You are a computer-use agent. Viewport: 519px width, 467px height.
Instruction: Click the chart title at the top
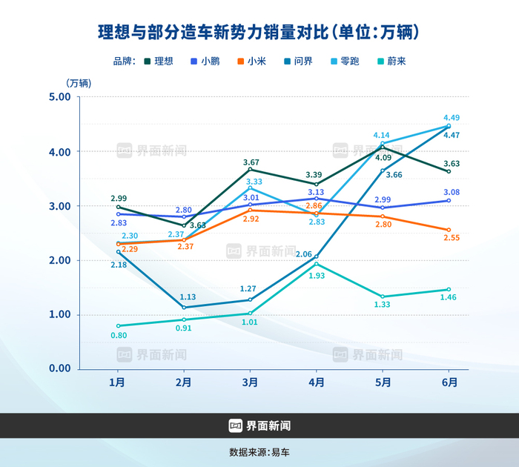[259, 32]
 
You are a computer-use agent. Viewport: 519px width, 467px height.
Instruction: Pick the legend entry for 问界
[298, 62]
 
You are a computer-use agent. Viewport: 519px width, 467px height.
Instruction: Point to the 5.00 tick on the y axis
[59, 97]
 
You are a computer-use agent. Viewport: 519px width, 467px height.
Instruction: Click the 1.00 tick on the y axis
[59, 314]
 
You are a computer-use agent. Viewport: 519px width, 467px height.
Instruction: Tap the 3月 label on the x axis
[250, 383]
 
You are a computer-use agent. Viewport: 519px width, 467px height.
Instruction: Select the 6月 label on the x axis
[449, 383]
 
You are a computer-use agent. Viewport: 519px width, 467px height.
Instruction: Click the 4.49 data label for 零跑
[452, 118]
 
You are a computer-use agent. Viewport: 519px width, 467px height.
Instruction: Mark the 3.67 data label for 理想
[252, 162]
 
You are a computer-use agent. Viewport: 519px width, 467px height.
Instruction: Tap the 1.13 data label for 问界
[185, 298]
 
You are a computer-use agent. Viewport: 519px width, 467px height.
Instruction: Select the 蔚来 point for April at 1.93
[317, 264]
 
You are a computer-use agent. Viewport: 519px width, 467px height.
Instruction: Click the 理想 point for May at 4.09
[383, 148]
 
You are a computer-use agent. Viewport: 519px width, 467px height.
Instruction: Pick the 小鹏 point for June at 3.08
[449, 201]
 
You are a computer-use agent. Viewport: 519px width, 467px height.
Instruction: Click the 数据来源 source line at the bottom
[259, 451]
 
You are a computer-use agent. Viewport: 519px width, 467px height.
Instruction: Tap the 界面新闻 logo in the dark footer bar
[259, 425]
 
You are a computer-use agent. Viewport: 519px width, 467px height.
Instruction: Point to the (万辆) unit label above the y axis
[79, 82]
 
